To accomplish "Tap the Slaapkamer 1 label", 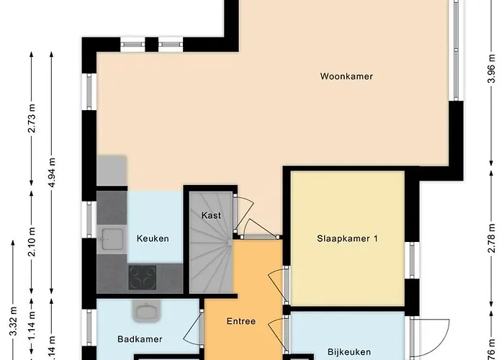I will tap(347, 239).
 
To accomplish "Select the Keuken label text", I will tap(153, 238).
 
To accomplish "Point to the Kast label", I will tap(212, 215).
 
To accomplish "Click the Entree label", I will tap(241, 321).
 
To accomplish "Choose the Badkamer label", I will tap(140, 339).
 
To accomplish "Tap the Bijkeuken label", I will tap(348, 352).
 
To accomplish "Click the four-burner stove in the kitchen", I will tap(142, 276).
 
